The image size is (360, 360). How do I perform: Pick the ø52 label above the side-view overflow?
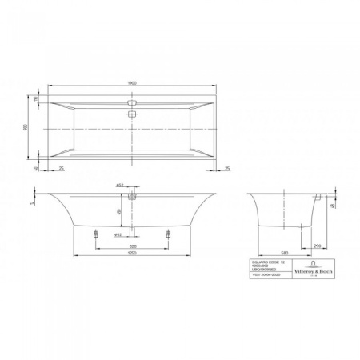click(118, 186)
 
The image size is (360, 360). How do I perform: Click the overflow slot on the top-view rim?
click(133, 102)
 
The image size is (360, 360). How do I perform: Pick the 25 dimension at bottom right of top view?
click(227, 168)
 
